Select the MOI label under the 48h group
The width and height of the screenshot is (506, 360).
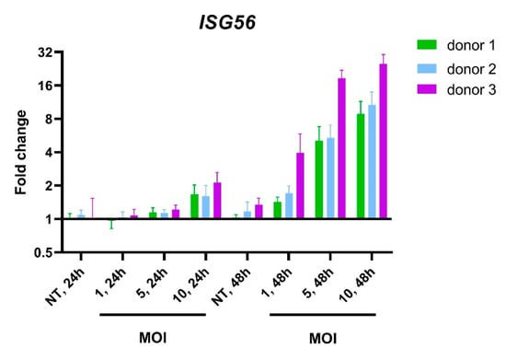click(323, 338)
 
